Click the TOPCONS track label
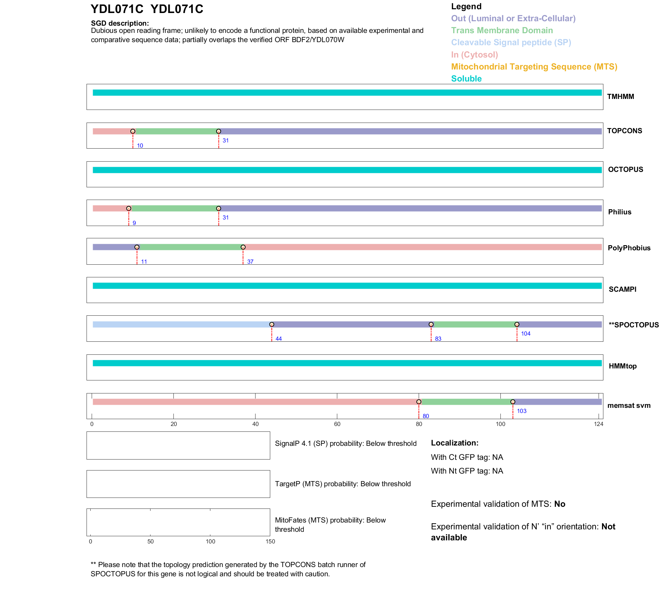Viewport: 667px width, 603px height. [x=624, y=131]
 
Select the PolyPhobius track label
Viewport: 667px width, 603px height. [x=629, y=248]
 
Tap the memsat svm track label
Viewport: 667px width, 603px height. [x=629, y=405]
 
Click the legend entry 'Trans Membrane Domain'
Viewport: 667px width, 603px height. [x=502, y=30]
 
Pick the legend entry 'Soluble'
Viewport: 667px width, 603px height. [x=466, y=79]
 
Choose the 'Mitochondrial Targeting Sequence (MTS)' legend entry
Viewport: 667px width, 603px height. [x=534, y=67]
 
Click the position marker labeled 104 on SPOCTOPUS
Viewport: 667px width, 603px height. [x=517, y=324]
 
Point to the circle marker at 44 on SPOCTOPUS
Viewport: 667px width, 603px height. [x=272, y=324]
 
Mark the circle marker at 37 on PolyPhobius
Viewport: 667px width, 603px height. [x=243, y=247]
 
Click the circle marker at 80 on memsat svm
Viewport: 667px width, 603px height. [x=419, y=402]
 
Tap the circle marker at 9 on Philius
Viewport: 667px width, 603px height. [x=129, y=209]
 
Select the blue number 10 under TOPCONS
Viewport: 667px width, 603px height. [x=140, y=146]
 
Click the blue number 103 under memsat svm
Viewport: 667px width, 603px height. [x=521, y=411]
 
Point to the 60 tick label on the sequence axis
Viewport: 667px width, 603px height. [x=337, y=424]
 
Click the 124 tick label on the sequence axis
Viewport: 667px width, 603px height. [x=599, y=424]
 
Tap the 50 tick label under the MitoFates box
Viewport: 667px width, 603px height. [x=151, y=542]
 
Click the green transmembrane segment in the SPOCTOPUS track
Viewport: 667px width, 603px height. [x=474, y=324]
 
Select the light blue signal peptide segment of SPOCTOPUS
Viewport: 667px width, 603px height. [x=181, y=324]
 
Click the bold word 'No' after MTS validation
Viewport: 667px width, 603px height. [x=560, y=504]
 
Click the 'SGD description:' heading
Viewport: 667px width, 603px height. [x=120, y=23]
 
